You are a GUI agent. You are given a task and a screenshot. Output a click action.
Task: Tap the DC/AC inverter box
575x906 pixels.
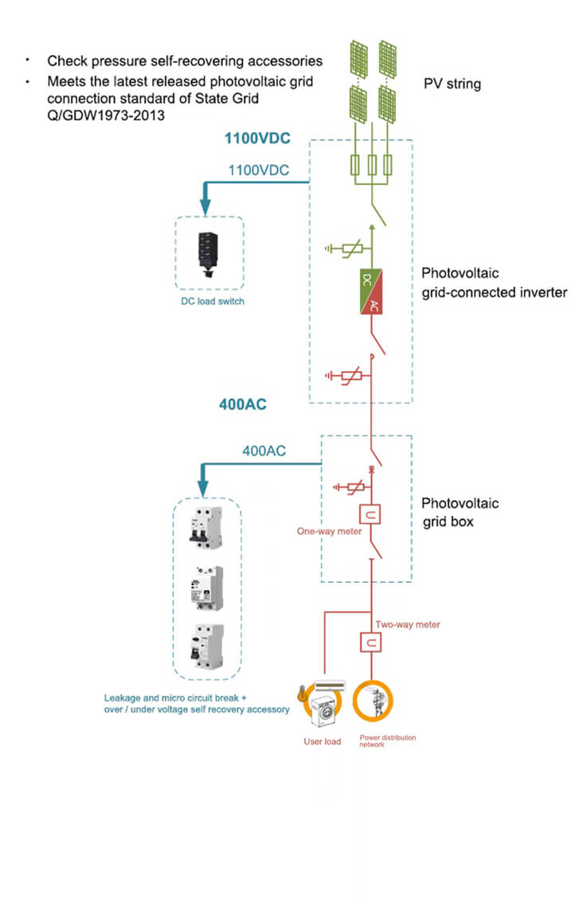point(372,292)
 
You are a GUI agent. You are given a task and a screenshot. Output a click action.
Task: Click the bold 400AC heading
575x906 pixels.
point(243,404)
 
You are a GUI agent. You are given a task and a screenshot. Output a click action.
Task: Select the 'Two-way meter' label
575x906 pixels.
point(407,625)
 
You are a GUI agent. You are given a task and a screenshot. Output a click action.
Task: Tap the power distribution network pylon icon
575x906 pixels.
point(373,701)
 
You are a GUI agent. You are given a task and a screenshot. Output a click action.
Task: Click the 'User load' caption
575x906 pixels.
point(322,742)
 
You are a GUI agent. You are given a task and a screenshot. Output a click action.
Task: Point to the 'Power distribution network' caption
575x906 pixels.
point(387,741)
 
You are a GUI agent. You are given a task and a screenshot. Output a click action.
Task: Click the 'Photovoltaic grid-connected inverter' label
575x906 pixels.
point(494,283)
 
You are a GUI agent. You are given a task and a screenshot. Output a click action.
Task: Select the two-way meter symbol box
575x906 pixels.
point(371,641)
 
